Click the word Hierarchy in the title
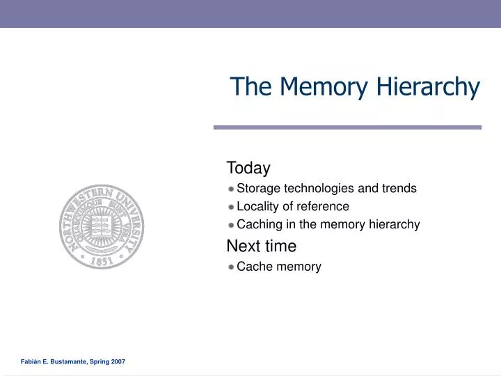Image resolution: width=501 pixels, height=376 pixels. coord(428,87)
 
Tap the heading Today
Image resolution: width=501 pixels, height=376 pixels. coord(248,168)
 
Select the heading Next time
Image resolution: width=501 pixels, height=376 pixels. coord(262,246)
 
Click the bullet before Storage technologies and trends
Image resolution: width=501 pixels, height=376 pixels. coord(230,189)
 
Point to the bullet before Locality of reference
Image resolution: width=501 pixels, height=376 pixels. coord(230,207)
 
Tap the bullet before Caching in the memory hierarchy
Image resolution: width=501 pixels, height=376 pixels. coord(230,225)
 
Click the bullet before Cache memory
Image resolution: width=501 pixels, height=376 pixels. coord(230,267)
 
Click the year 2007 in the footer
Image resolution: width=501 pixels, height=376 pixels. coord(118,362)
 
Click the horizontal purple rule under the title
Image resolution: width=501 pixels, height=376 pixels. coord(347,127)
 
